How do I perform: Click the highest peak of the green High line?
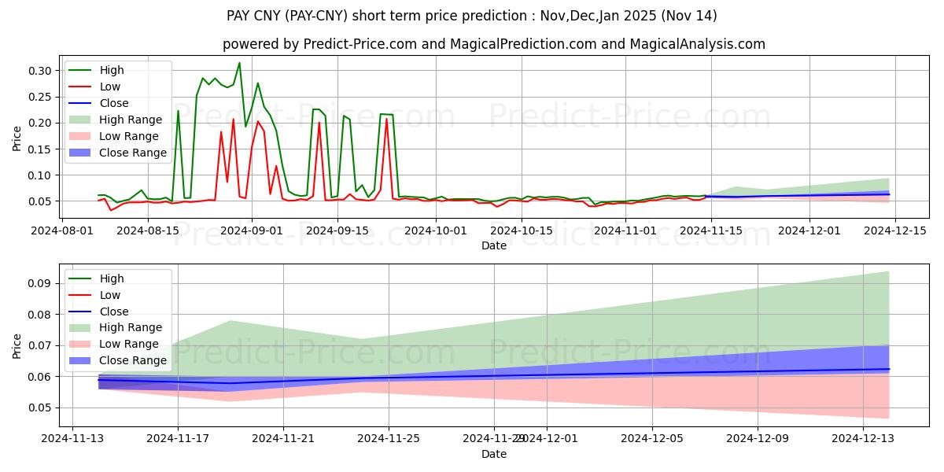(239, 63)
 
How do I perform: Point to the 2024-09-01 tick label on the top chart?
(251, 230)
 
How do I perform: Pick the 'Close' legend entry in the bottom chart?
(114, 312)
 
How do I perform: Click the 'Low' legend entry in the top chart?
(109, 87)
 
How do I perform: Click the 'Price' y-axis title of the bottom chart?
(17, 345)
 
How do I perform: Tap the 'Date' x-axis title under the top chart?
(493, 245)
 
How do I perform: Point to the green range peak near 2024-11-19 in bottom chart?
(230, 321)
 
